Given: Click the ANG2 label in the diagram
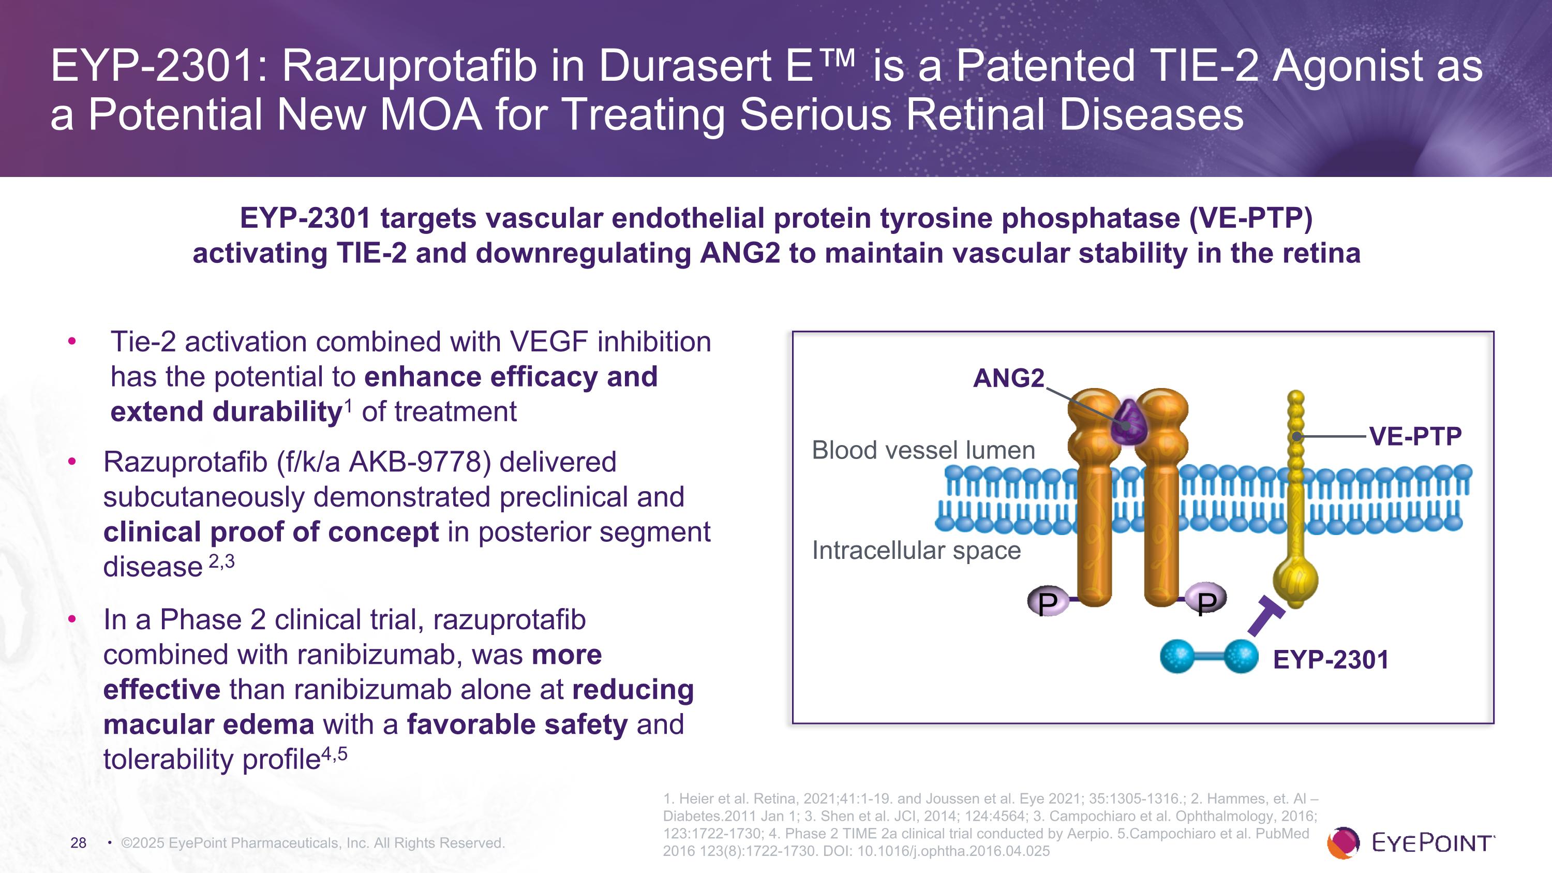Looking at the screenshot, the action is click(x=1009, y=378).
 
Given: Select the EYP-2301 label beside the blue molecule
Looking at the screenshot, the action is click(x=1330, y=660).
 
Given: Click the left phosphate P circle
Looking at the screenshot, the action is click(x=1048, y=601).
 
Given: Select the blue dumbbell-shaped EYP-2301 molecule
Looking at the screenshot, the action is click(x=1208, y=656).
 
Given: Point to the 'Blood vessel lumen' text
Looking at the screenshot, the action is click(x=923, y=450).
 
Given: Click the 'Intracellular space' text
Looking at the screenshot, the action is click(x=916, y=550).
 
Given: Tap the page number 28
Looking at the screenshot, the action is click(x=78, y=843).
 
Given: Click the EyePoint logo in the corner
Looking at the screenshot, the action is click(x=1410, y=842).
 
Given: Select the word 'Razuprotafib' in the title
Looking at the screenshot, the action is click(x=410, y=66).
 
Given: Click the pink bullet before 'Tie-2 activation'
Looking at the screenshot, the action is click(x=72, y=342).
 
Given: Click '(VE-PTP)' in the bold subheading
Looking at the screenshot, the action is click(x=1251, y=218).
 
